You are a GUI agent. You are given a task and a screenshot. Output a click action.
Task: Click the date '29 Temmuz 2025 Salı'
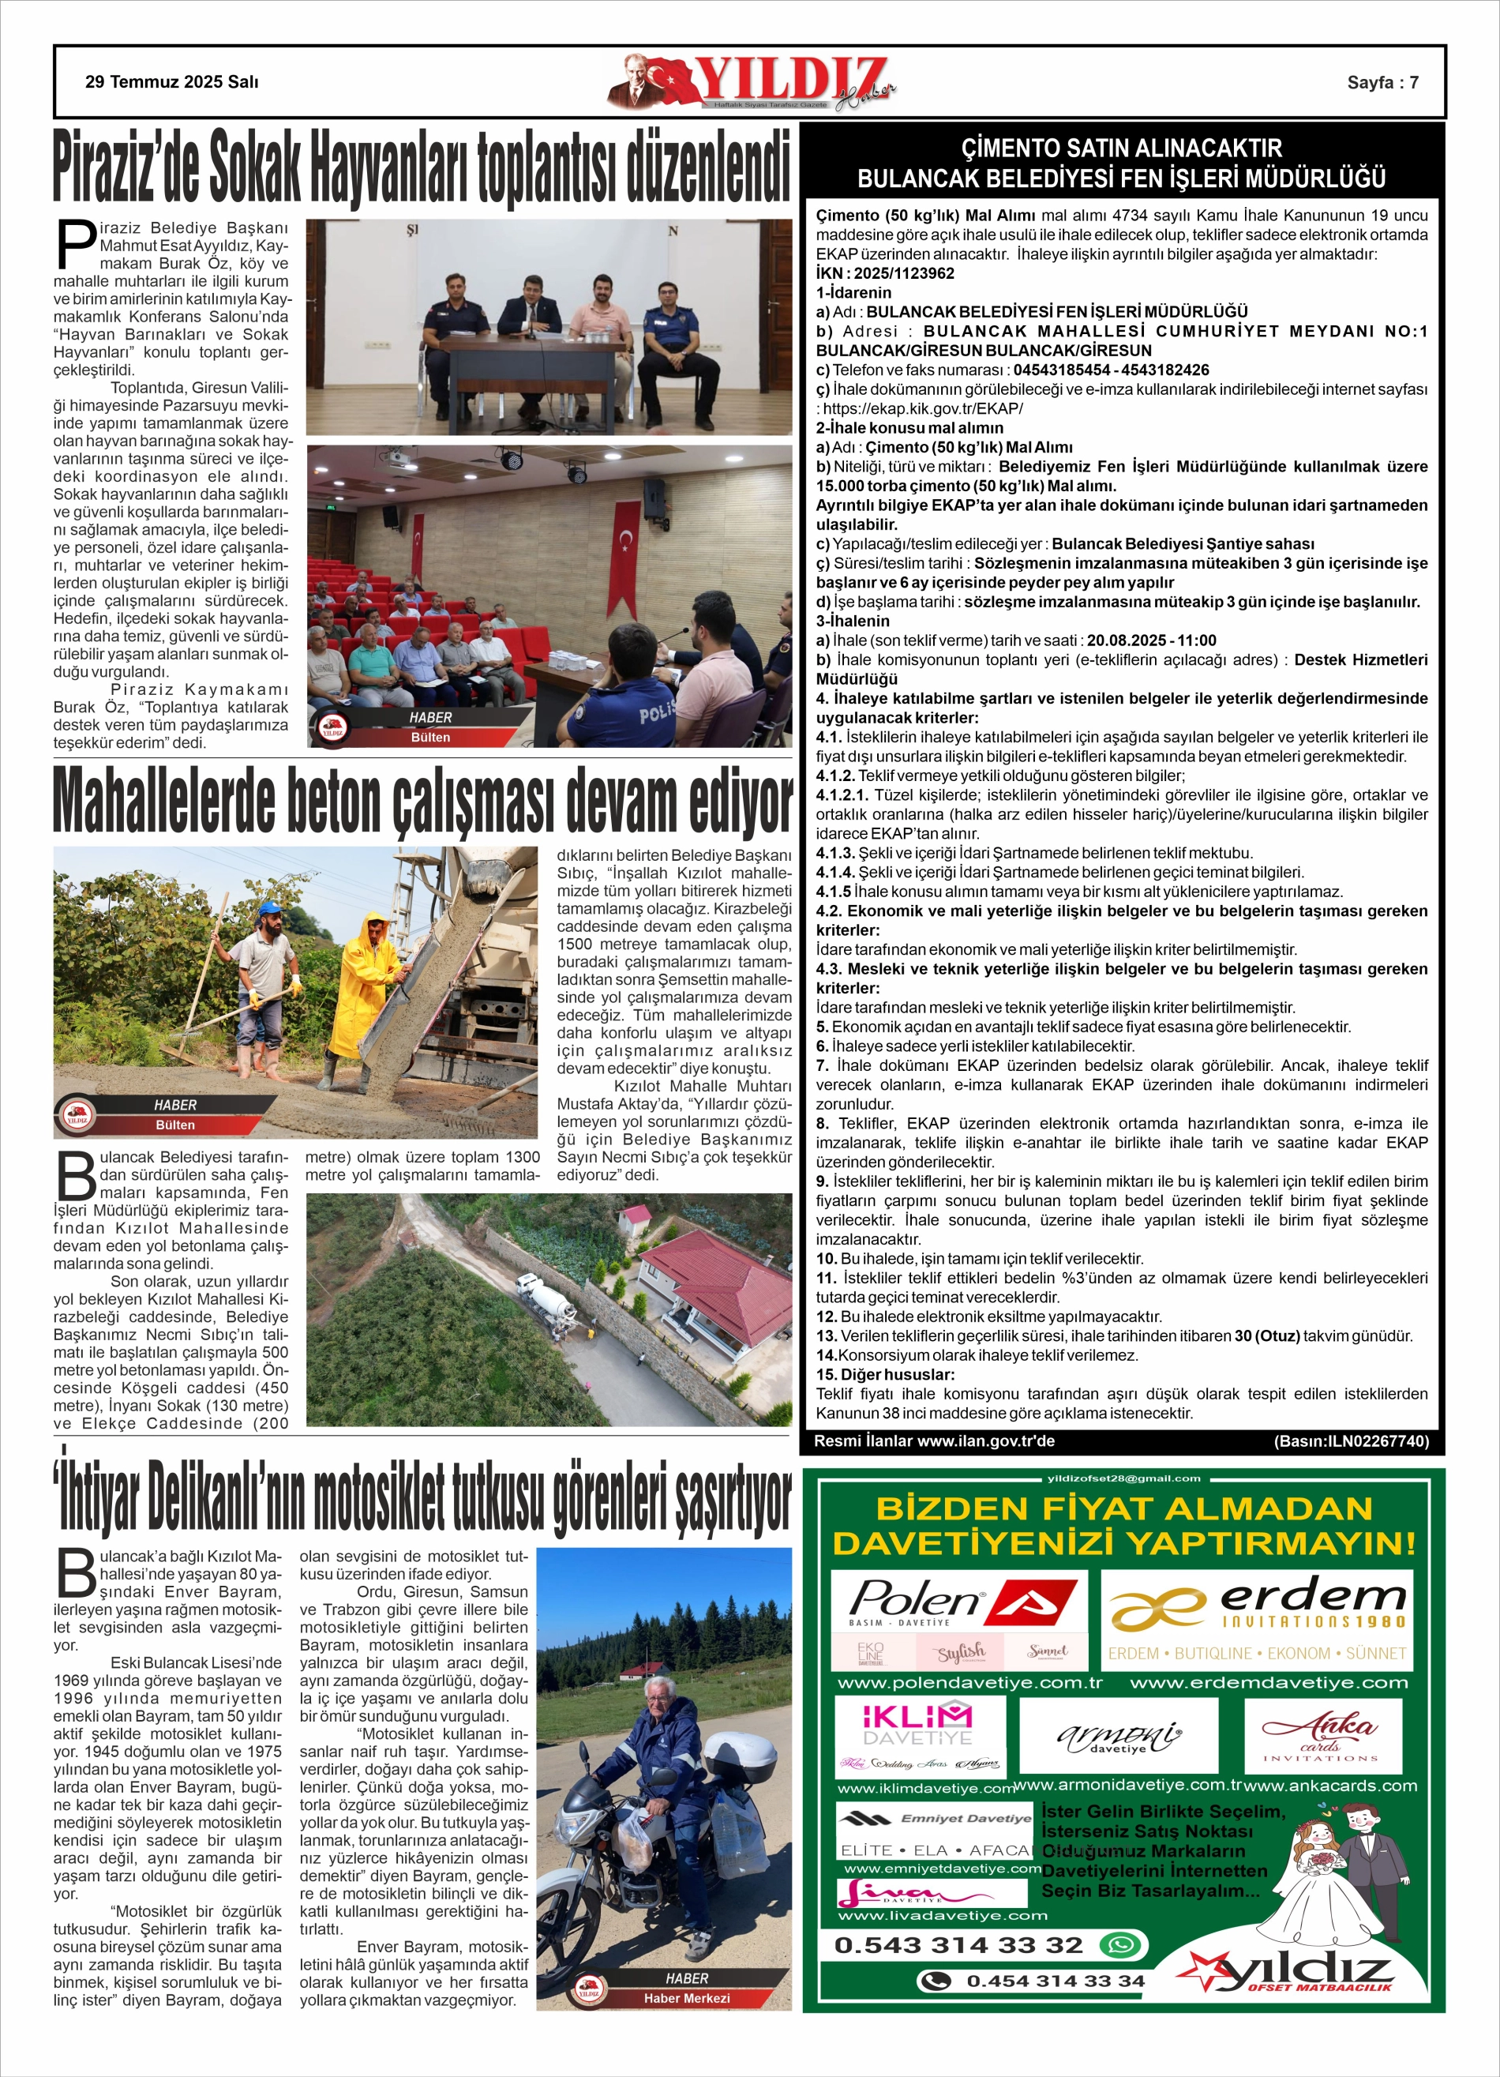click(171, 82)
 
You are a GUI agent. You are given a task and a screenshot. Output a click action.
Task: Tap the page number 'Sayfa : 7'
click(1383, 82)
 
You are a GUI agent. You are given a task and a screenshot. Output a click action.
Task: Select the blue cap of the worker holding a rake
click(268, 907)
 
